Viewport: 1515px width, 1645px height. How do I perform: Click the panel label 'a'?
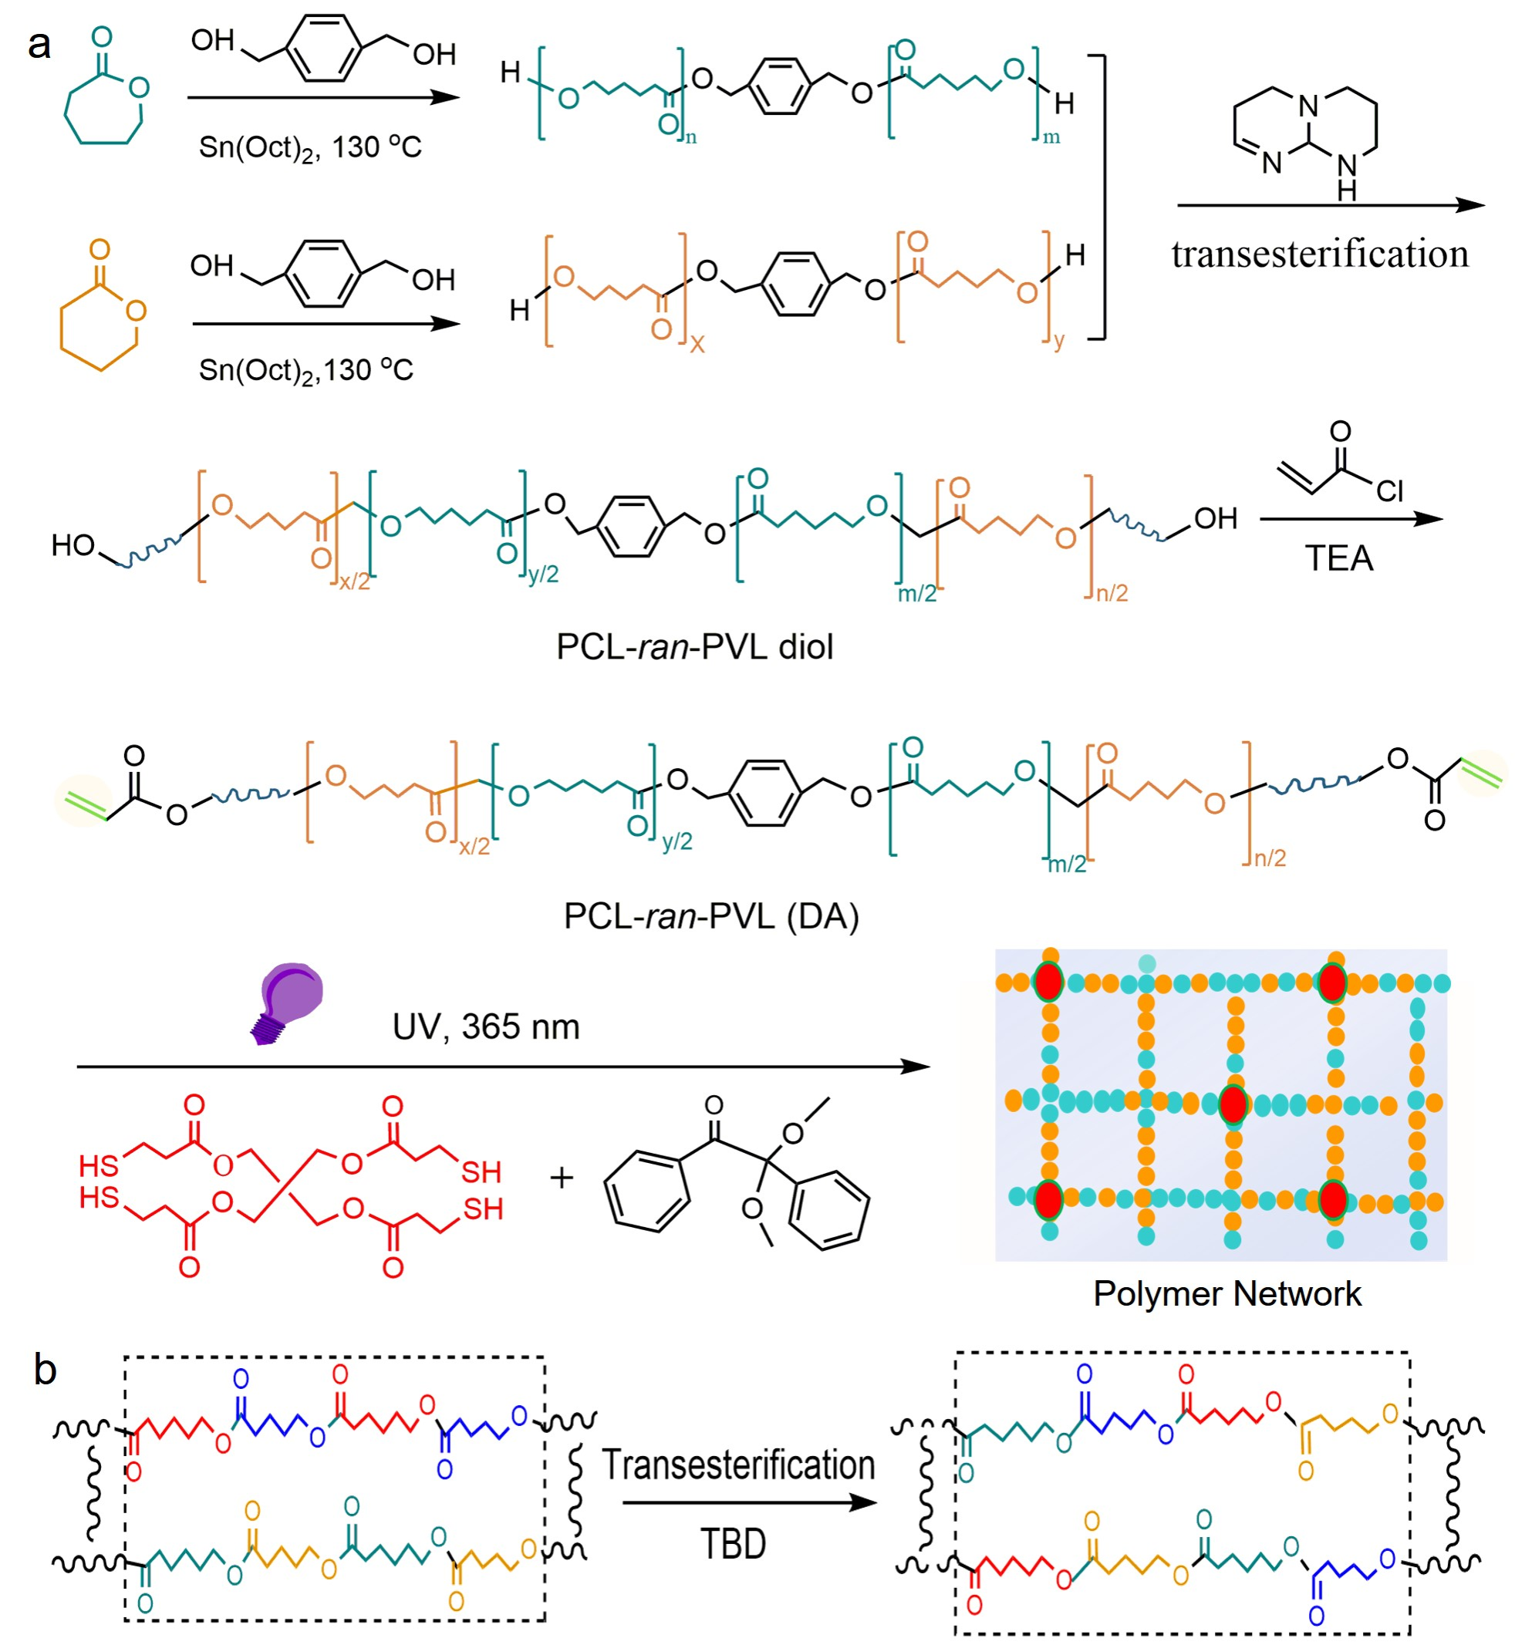(x=39, y=44)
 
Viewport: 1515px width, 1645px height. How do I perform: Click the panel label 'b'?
(x=45, y=1368)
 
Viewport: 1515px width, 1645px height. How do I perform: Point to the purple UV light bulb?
(x=286, y=1003)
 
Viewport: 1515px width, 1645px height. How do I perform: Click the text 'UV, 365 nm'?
(x=485, y=1027)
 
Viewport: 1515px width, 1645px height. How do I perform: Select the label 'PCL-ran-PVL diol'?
(x=694, y=647)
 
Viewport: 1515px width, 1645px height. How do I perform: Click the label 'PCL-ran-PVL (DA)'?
(x=710, y=915)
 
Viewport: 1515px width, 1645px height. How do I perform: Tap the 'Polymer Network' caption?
(x=1227, y=1293)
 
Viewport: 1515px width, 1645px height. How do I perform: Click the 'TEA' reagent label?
(x=1339, y=558)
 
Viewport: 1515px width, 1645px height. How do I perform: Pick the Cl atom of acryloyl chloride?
(x=1389, y=491)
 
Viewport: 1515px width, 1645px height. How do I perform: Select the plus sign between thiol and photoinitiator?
(x=562, y=1178)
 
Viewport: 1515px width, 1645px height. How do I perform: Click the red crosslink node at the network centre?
(x=1233, y=1104)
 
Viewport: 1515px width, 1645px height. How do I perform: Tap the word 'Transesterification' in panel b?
(x=739, y=1464)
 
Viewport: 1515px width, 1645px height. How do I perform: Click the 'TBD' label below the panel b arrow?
(x=734, y=1544)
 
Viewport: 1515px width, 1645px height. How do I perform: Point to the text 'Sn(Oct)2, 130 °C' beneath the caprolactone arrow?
(x=310, y=148)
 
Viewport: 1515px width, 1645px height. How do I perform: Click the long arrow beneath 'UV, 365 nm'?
(x=504, y=1067)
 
